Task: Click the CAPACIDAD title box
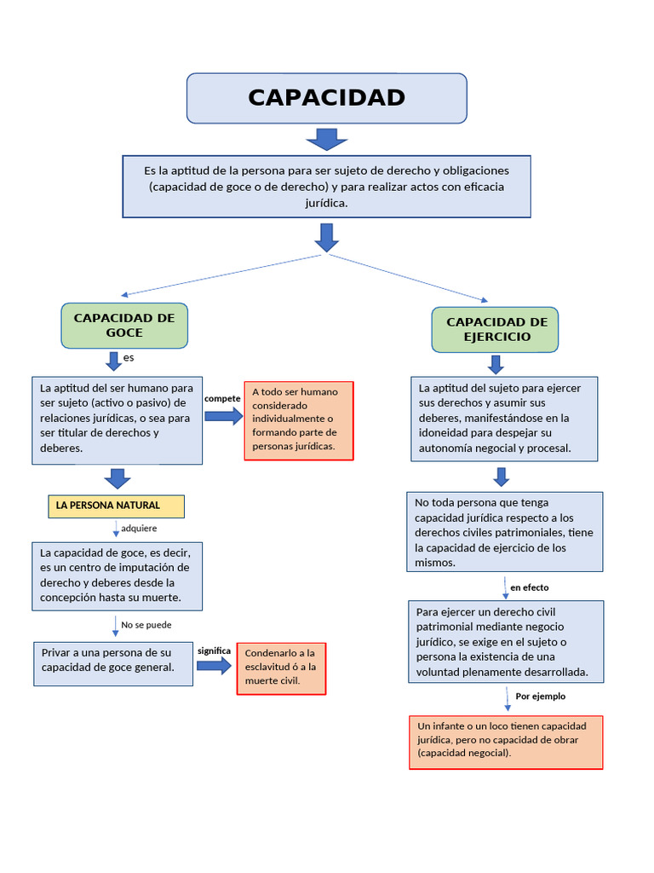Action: click(x=326, y=98)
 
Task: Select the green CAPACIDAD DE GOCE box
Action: click(x=124, y=325)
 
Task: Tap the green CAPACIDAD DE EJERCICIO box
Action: click(x=496, y=330)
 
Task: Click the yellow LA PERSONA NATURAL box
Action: click(x=116, y=506)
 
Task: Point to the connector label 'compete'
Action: click(x=222, y=399)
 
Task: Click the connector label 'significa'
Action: click(x=215, y=650)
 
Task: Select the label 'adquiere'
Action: click(x=139, y=529)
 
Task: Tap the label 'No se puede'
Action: click(x=146, y=625)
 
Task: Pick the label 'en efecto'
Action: click(x=529, y=587)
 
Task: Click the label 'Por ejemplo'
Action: click(x=540, y=697)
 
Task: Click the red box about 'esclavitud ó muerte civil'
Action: click(x=281, y=668)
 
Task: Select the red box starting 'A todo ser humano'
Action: click(x=298, y=420)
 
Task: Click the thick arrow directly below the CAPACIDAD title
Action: click(x=326, y=139)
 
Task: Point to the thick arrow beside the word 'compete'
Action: click(x=224, y=416)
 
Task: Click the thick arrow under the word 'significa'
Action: click(x=215, y=666)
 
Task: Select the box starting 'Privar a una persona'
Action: click(x=113, y=663)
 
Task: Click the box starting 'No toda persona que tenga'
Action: click(x=504, y=531)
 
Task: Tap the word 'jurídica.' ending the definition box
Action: click(x=326, y=203)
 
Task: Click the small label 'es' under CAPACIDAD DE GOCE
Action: click(x=129, y=357)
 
